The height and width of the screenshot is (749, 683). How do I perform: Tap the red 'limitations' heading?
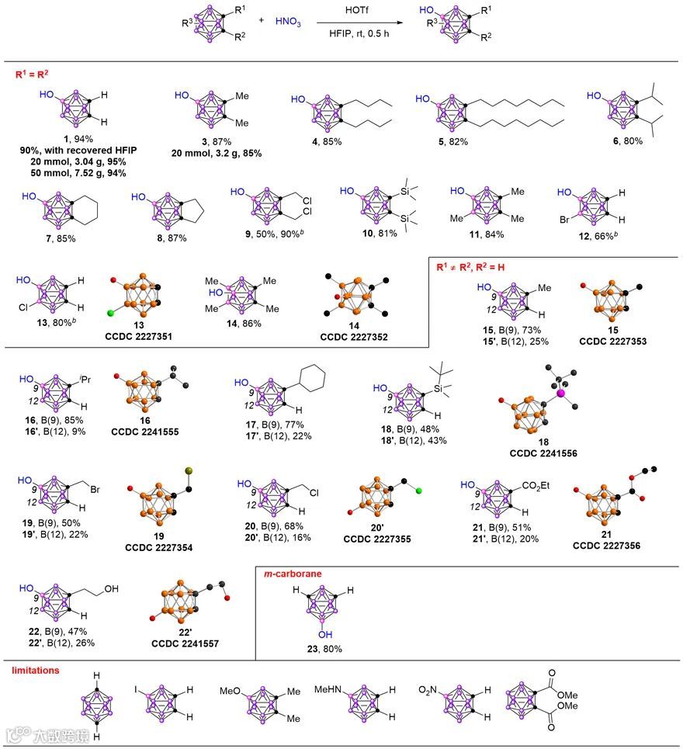click(37, 669)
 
